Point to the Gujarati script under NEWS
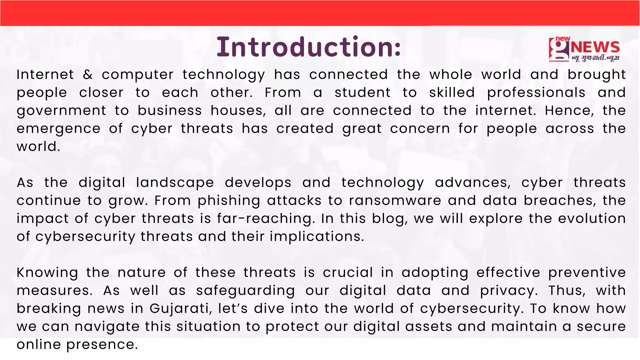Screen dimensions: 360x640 tap(595, 58)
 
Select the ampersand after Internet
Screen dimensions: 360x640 tap(88, 75)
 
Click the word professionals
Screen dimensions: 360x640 tap(536, 93)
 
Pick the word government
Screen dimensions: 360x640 tap(62, 111)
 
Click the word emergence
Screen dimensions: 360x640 tap(58, 129)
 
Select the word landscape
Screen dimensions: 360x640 tap(175, 183)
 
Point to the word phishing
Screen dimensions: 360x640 tap(229, 201)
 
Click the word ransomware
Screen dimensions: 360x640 tap(395, 201)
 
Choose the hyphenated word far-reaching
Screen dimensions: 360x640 tap(266, 218)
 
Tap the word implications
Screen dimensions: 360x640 tap(317, 237)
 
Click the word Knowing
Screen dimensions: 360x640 tap(47, 273)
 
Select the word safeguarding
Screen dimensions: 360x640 tap(245, 291)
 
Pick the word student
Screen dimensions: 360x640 tap(362, 93)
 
